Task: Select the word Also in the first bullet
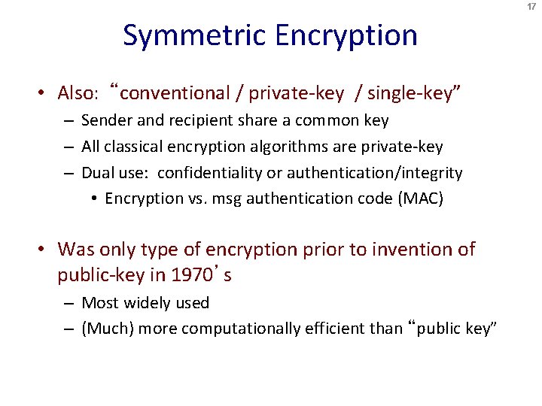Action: [x=76, y=93]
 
